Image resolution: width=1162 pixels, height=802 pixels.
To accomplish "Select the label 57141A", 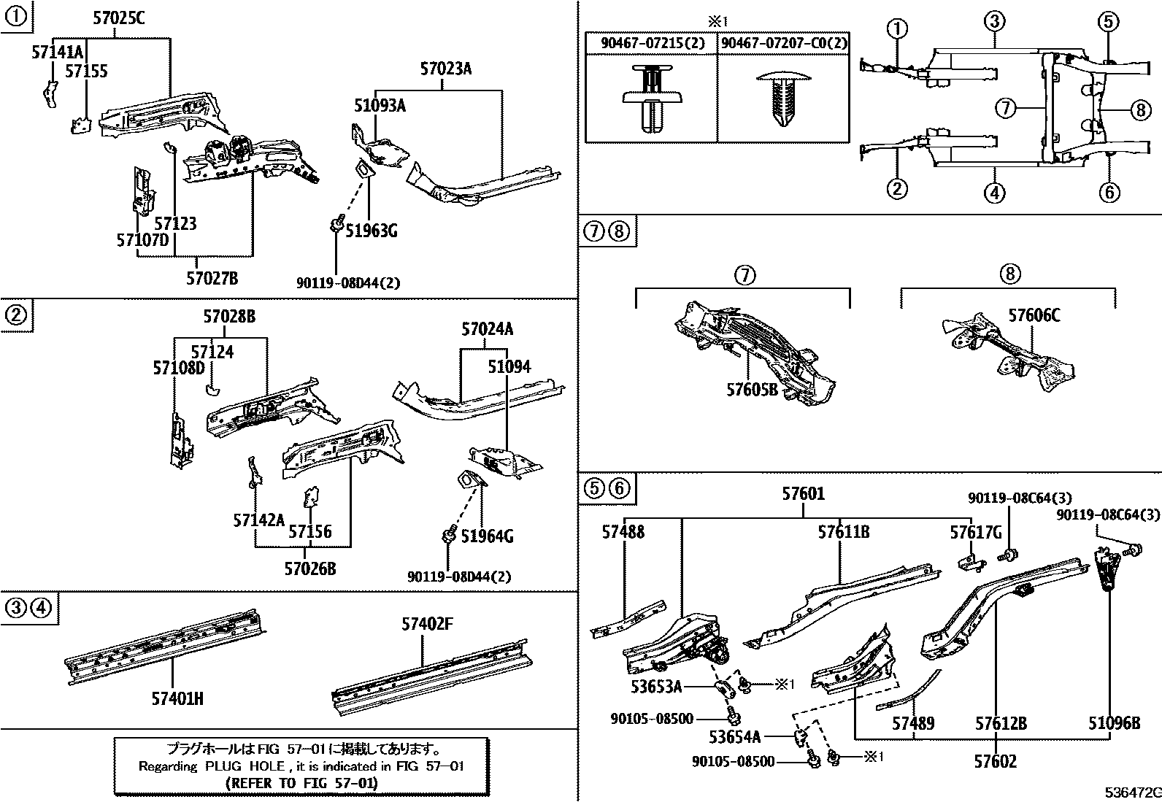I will [58, 52].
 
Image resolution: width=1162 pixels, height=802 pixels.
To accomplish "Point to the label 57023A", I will [445, 70].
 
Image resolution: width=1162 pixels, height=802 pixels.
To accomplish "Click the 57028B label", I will [229, 317].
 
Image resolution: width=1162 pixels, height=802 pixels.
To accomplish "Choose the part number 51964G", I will [488, 537].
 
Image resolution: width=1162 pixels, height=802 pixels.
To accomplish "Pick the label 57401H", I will [177, 698].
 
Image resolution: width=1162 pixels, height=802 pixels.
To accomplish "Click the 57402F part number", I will [427, 624].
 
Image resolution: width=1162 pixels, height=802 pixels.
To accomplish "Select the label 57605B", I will [752, 390].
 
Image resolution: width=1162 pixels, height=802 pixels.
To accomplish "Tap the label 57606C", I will [1034, 315].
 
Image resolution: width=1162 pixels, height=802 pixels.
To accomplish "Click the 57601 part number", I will [803, 494].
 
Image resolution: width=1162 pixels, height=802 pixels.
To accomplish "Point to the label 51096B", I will [1114, 723].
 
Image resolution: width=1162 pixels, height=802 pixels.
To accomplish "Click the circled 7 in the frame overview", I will [1006, 108].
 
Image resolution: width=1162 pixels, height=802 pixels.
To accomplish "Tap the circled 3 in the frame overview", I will [994, 21].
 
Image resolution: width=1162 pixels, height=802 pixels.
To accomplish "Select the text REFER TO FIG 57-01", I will [302, 783].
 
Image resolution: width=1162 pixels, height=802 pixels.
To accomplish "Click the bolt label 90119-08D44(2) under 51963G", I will [348, 282].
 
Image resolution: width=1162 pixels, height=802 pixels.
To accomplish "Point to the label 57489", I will [913, 723].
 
